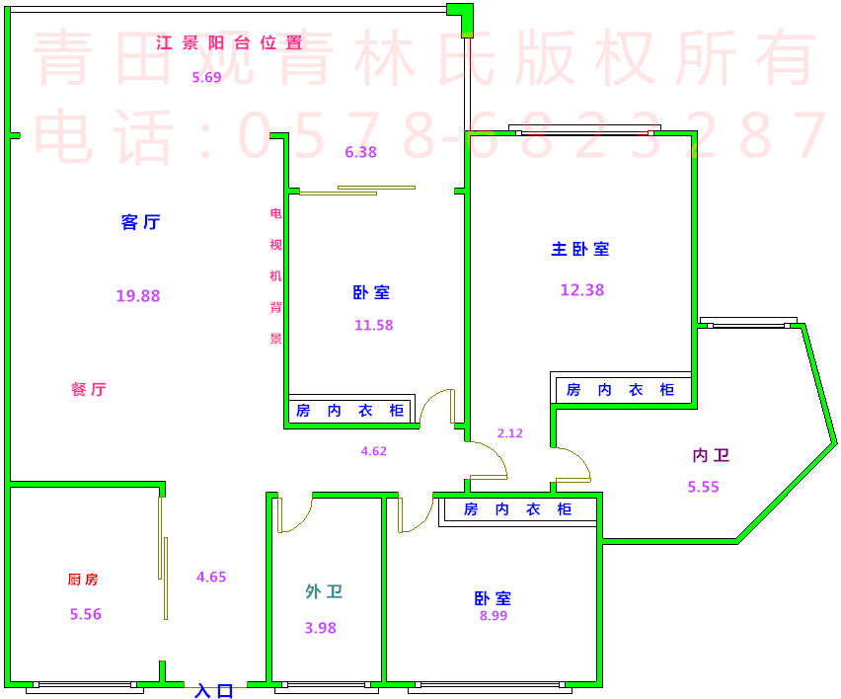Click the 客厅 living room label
[140, 222]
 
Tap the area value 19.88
[138, 295]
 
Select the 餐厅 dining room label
[89, 389]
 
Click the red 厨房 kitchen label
[83, 580]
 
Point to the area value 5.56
[86, 614]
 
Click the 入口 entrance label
[214, 691]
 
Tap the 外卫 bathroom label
[324, 591]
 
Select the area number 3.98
[321, 627]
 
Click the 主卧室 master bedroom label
[580, 249]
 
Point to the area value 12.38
[581, 290]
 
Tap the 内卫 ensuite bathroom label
[711, 455]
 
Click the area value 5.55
[704, 486]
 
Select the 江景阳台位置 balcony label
[229, 42]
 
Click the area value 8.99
[493, 616]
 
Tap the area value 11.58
[374, 325]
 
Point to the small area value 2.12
[510, 432]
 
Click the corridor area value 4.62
[374, 451]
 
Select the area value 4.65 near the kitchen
[211, 578]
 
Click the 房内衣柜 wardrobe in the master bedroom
[620, 390]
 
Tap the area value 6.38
[360, 152]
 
